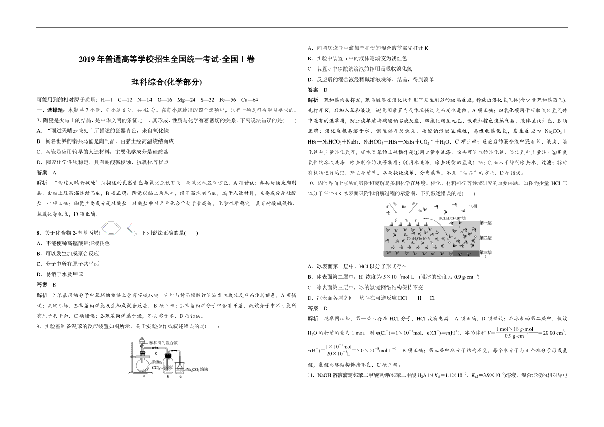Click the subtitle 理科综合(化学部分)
(167, 81)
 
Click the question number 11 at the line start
(310, 376)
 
